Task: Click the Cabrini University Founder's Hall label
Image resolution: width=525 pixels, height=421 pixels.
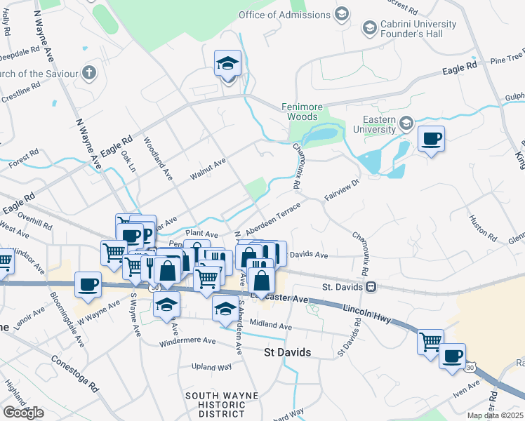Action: tap(418, 29)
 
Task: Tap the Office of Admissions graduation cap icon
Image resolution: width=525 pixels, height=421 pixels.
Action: tap(342, 15)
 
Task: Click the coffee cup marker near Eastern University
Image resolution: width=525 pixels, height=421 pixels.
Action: tap(431, 138)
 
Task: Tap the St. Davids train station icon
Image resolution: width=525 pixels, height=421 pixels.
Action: tap(371, 287)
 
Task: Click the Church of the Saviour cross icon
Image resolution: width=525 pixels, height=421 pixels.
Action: tap(88, 72)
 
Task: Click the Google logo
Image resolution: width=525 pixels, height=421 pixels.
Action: tap(23, 413)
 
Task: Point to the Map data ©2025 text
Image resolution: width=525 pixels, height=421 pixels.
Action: tap(495, 415)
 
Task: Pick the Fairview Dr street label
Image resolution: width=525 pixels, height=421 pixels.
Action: tap(342, 190)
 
